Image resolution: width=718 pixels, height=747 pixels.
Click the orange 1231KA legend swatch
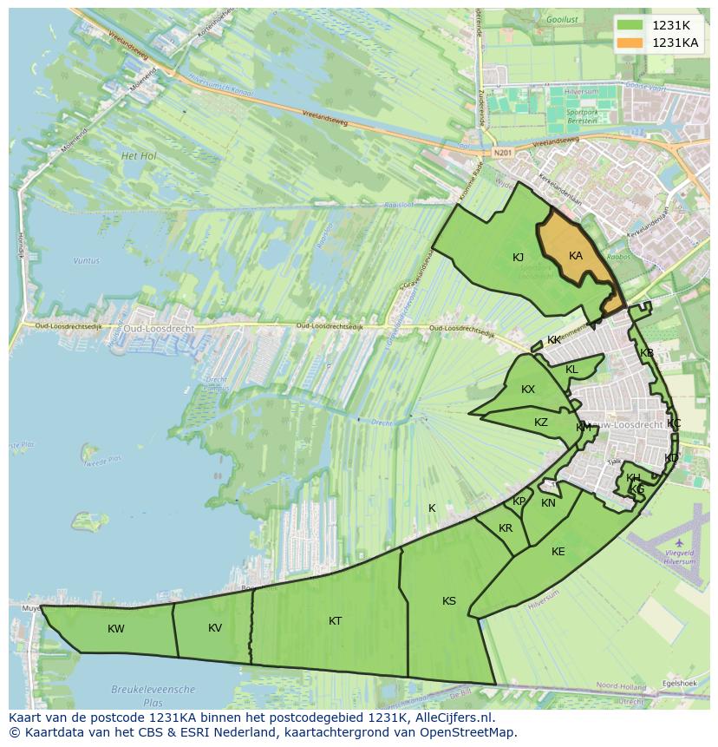pyautogui.click(x=631, y=43)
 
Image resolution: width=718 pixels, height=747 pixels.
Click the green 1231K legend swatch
pyautogui.click(x=631, y=25)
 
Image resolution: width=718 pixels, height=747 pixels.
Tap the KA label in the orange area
pyautogui.click(x=576, y=256)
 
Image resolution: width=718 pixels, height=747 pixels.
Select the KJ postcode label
pyautogui.click(x=518, y=258)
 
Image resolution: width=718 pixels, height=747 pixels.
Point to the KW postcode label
pyautogui.click(x=116, y=629)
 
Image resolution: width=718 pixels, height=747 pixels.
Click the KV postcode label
pyautogui.click(x=215, y=628)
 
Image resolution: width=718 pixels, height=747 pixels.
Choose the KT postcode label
pyautogui.click(x=336, y=621)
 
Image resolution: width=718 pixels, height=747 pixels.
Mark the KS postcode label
pyautogui.click(x=449, y=601)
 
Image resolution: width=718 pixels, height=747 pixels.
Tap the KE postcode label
pyautogui.click(x=558, y=552)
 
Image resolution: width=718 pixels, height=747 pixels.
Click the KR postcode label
pyautogui.click(x=506, y=528)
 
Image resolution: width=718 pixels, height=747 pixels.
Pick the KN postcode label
pyautogui.click(x=548, y=503)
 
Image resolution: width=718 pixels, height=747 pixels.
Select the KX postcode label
pyautogui.click(x=528, y=390)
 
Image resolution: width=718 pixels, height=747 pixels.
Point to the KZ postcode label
pyautogui.click(x=541, y=423)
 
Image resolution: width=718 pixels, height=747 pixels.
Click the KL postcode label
pyautogui.click(x=571, y=370)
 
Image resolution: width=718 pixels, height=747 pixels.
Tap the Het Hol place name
pyautogui.click(x=139, y=156)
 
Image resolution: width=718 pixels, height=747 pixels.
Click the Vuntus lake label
pyautogui.click(x=87, y=260)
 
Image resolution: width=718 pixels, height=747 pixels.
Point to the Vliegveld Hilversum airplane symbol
pyautogui.click(x=679, y=543)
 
